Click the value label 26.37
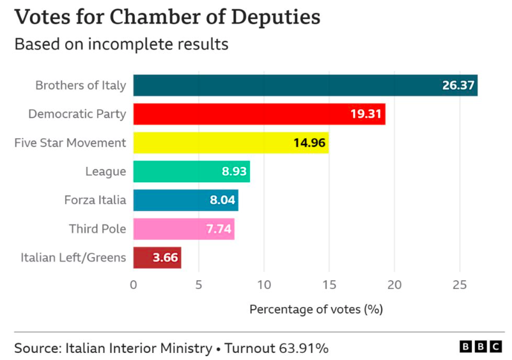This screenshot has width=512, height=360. pyautogui.click(x=458, y=86)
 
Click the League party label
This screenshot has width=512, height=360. pyautogui.click(x=105, y=171)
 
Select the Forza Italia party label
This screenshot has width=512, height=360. pyautogui.click(x=95, y=200)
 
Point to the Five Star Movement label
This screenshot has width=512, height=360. pyautogui.click(x=70, y=143)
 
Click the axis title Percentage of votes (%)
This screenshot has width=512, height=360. pyautogui.click(x=316, y=309)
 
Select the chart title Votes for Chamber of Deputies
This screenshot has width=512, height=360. pyautogui.click(x=167, y=17)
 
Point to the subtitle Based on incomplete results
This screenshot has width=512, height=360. pyautogui.click(x=121, y=45)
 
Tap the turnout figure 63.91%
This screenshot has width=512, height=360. pyautogui.click(x=304, y=348)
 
